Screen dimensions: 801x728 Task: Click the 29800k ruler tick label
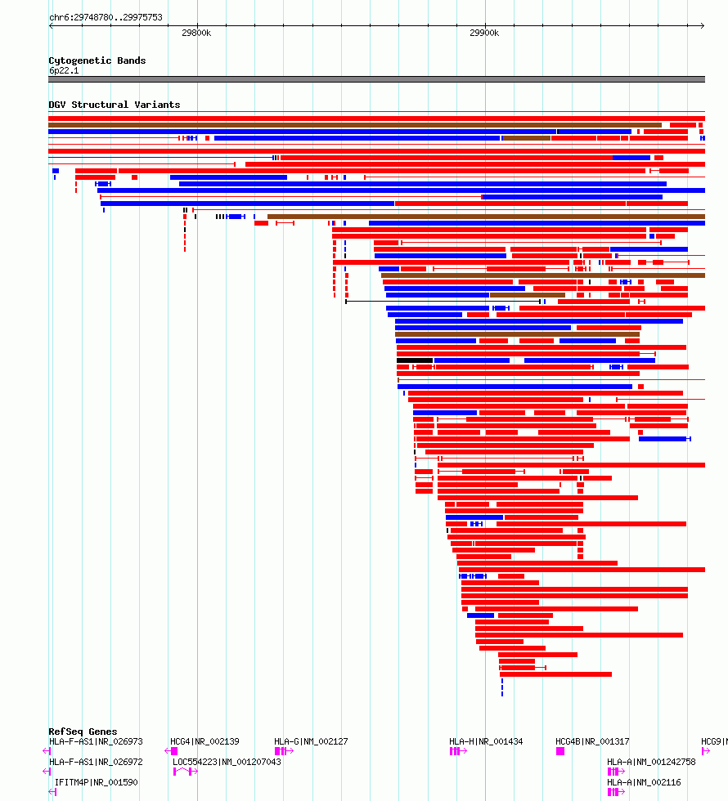[x=196, y=33]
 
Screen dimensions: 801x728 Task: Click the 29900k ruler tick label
[x=484, y=33]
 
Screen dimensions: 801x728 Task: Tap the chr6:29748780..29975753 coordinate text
[x=106, y=17]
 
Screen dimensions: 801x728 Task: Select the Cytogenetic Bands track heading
[x=97, y=60]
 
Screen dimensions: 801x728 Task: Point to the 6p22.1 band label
[x=64, y=70]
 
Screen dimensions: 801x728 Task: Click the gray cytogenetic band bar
[x=376, y=79]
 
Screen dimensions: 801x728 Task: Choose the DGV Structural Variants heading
[x=114, y=105]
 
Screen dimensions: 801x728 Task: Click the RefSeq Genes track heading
[x=83, y=732]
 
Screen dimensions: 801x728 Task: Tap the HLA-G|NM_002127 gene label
[x=311, y=741]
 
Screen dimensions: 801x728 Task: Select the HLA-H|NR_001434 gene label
[x=486, y=741]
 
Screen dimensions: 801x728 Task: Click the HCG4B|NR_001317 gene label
[x=592, y=741]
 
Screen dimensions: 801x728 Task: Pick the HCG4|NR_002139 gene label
[x=204, y=741]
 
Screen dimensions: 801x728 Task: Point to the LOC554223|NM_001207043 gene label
[x=227, y=762]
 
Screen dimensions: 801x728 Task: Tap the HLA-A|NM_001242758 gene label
[x=651, y=762]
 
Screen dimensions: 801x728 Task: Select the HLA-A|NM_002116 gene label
[x=643, y=782]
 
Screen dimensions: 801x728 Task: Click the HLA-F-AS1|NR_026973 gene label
[x=96, y=741]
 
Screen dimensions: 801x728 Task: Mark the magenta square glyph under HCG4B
[x=560, y=751]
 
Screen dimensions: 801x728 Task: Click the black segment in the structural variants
[x=415, y=360]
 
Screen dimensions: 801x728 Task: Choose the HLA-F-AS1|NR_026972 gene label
[x=96, y=762]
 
